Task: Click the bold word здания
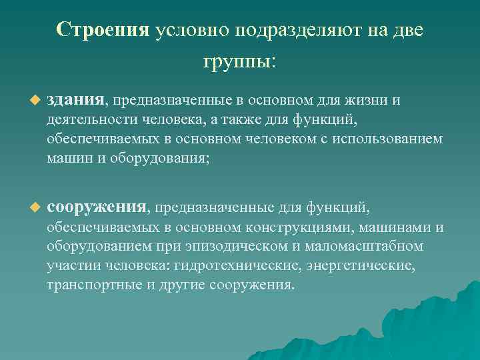75,101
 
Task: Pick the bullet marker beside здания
35,101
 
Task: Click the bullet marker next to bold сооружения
35,209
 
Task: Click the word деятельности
91,121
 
